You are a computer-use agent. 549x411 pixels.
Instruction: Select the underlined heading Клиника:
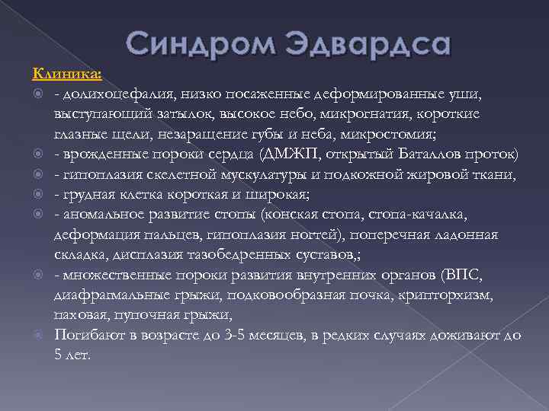pyautogui.click(x=67, y=74)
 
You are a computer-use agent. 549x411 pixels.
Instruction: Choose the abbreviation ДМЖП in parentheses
pyautogui.click(x=287, y=155)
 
